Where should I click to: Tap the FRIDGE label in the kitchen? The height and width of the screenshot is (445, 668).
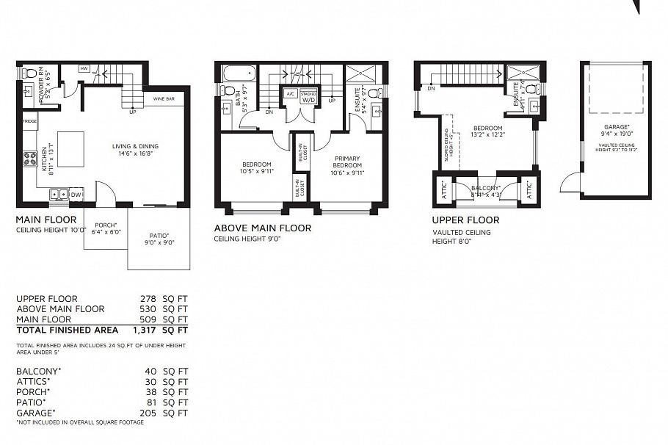pyautogui.click(x=30, y=121)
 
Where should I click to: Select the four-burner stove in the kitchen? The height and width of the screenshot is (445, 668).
pyautogui.click(x=31, y=159)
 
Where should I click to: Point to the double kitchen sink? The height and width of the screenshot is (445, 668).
pyautogui.click(x=59, y=195)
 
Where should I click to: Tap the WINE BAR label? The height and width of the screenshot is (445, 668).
pyautogui.click(x=163, y=98)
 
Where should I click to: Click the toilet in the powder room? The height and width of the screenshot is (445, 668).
pyautogui.click(x=27, y=73)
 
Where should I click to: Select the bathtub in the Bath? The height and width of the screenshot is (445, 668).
pyautogui.click(x=239, y=73)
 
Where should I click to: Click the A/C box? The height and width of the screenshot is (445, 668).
pyautogui.click(x=290, y=94)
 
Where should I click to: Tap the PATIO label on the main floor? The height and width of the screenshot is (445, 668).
pyautogui.click(x=159, y=235)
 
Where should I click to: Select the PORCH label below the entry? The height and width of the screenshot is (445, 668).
pyautogui.click(x=106, y=226)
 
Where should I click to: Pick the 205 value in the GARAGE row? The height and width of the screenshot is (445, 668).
pyautogui.click(x=151, y=413)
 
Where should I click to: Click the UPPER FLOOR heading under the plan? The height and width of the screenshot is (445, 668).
pyautogui.click(x=465, y=220)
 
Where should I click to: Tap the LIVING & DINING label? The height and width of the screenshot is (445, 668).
pyautogui.click(x=135, y=146)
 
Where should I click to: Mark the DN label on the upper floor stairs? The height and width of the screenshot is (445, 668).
pyautogui.click(x=431, y=88)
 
